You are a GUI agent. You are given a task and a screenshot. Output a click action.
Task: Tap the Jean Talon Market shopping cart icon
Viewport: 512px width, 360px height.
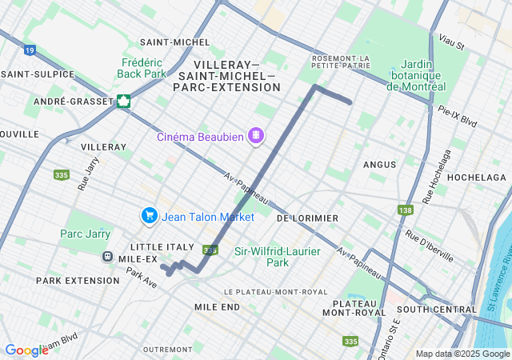149,215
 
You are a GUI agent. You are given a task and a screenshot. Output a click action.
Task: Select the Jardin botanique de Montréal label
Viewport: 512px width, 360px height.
416,75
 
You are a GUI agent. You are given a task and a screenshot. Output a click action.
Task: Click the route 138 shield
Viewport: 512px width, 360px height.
405,210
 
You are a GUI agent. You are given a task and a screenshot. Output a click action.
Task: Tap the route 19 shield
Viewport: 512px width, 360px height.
30,50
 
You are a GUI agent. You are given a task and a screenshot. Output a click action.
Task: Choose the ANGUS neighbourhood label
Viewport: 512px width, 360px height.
379,165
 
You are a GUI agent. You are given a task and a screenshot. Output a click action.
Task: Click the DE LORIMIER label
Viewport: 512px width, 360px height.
307,218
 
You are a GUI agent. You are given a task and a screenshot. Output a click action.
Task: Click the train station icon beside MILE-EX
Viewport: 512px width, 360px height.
106,257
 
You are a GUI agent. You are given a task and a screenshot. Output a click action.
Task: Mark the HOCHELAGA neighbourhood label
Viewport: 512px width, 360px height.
476,177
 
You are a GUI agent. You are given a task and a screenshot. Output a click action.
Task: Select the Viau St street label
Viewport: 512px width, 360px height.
451,41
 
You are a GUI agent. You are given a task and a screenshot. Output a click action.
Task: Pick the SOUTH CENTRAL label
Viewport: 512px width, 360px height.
436,309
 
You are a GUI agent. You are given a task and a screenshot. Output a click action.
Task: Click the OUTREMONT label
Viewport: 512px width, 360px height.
167,350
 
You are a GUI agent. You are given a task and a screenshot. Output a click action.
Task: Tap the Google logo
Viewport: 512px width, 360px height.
26,350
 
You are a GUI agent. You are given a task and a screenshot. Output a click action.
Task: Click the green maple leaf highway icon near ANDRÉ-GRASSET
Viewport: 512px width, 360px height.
123,101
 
